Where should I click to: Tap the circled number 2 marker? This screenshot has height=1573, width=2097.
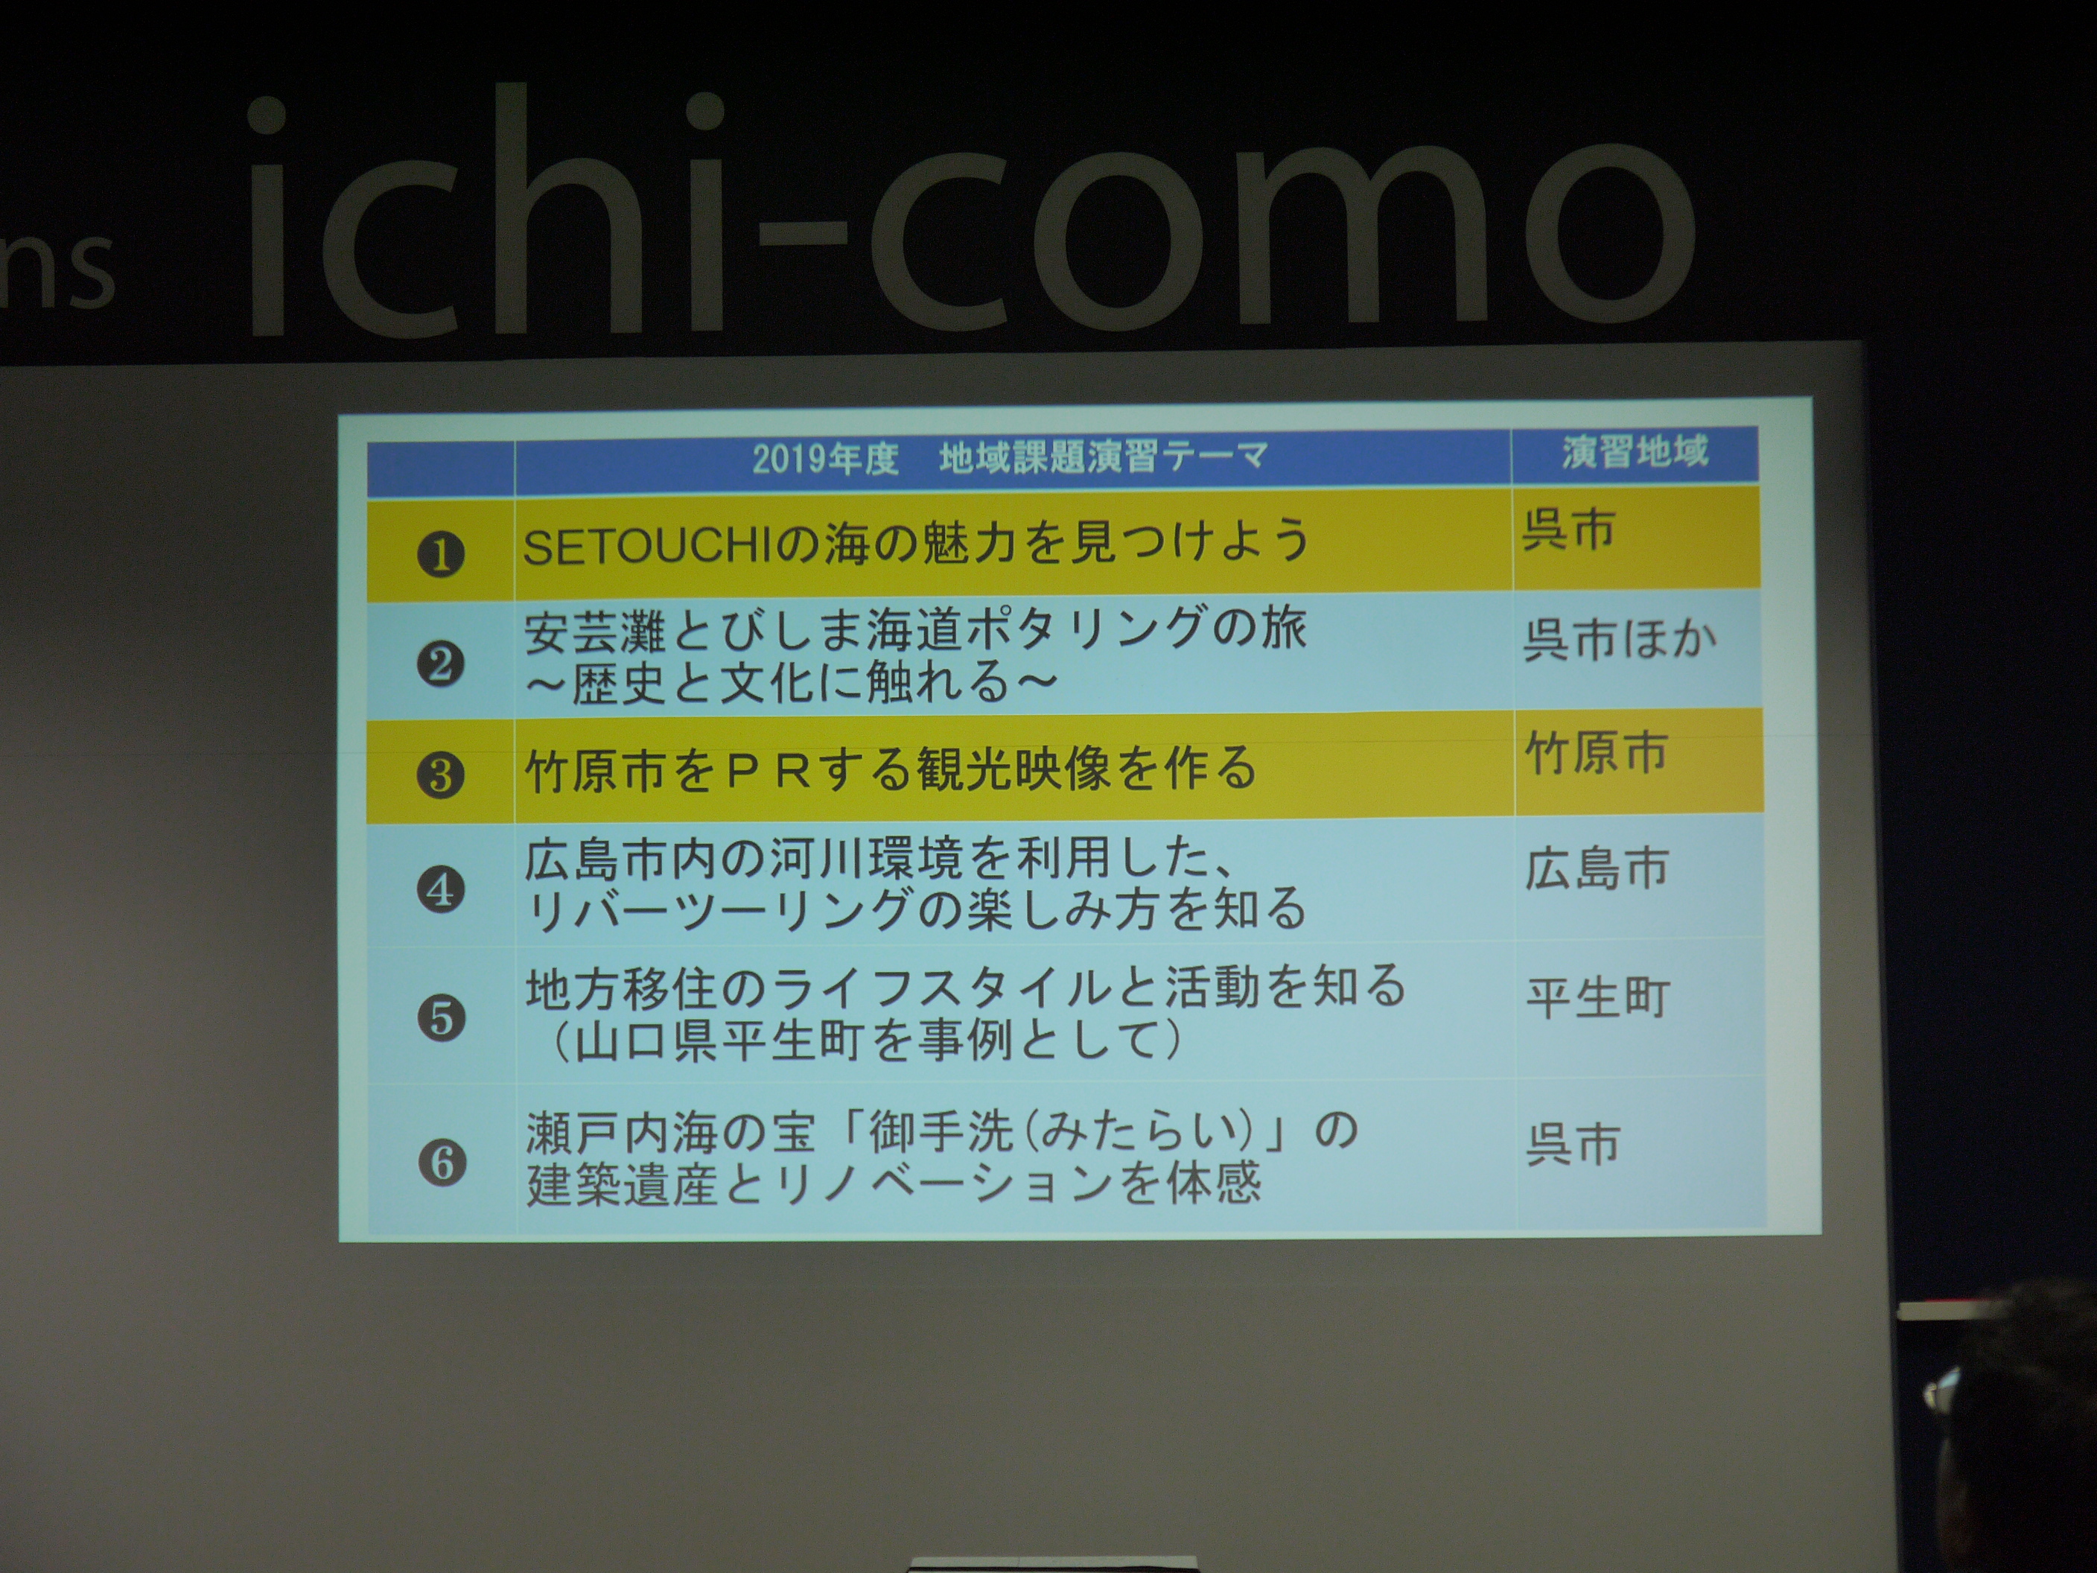441,664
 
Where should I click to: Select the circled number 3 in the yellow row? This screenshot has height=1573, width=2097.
441,775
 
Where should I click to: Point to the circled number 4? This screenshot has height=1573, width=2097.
441,889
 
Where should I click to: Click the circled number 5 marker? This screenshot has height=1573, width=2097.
442,1018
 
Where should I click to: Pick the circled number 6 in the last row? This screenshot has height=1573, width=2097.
443,1163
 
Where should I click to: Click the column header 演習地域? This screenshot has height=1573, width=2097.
1635,451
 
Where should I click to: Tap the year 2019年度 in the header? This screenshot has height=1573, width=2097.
825,459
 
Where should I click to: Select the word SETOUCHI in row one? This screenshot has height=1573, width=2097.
649,548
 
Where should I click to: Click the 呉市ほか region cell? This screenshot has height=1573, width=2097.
1620,639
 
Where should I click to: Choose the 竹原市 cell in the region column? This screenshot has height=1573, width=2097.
1597,753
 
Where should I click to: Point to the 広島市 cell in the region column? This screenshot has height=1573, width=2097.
1597,868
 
